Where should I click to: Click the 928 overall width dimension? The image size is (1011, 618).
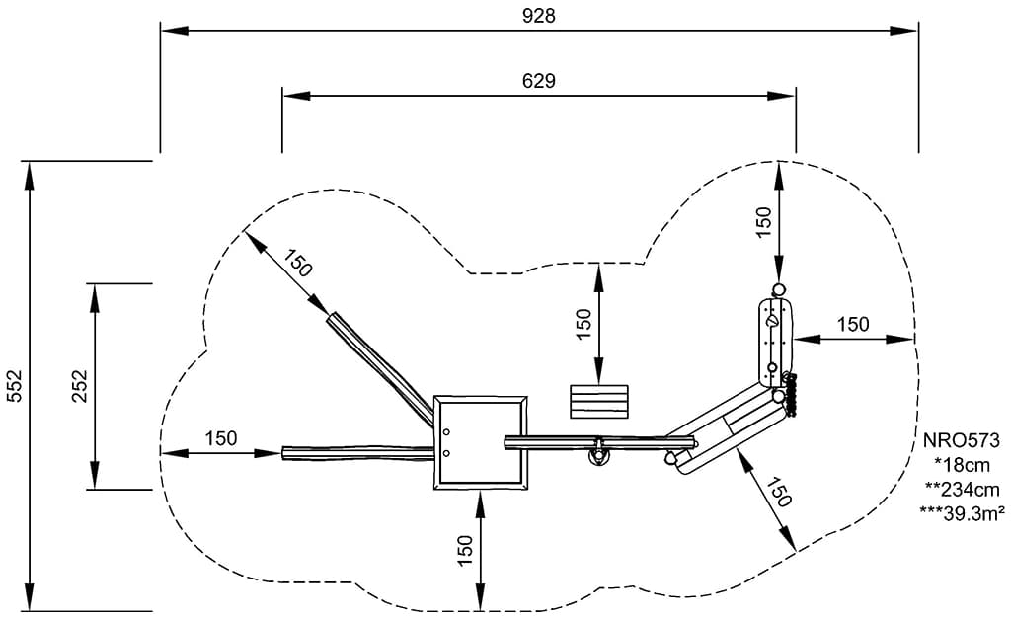coord(539,16)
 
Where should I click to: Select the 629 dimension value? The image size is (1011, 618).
coord(538,81)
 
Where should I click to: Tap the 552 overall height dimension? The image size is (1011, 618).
coord(14,386)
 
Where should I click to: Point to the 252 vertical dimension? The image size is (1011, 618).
coord(79,386)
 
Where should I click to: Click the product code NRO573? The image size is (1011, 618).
coord(962,441)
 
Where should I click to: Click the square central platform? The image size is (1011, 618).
coord(480,441)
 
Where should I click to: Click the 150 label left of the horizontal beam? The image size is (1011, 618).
coord(221,438)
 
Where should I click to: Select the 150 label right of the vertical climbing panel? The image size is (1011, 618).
coord(853,324)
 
